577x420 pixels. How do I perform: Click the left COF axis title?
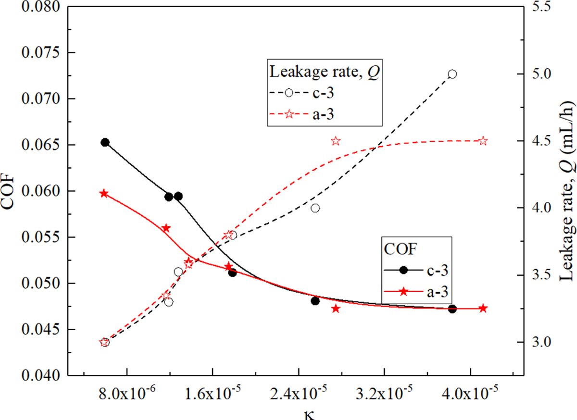(10, 191)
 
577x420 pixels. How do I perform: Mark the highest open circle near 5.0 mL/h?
(452, 74)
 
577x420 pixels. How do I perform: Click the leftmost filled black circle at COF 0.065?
(105, 142)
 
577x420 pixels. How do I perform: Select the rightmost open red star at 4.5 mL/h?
(483, 141)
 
